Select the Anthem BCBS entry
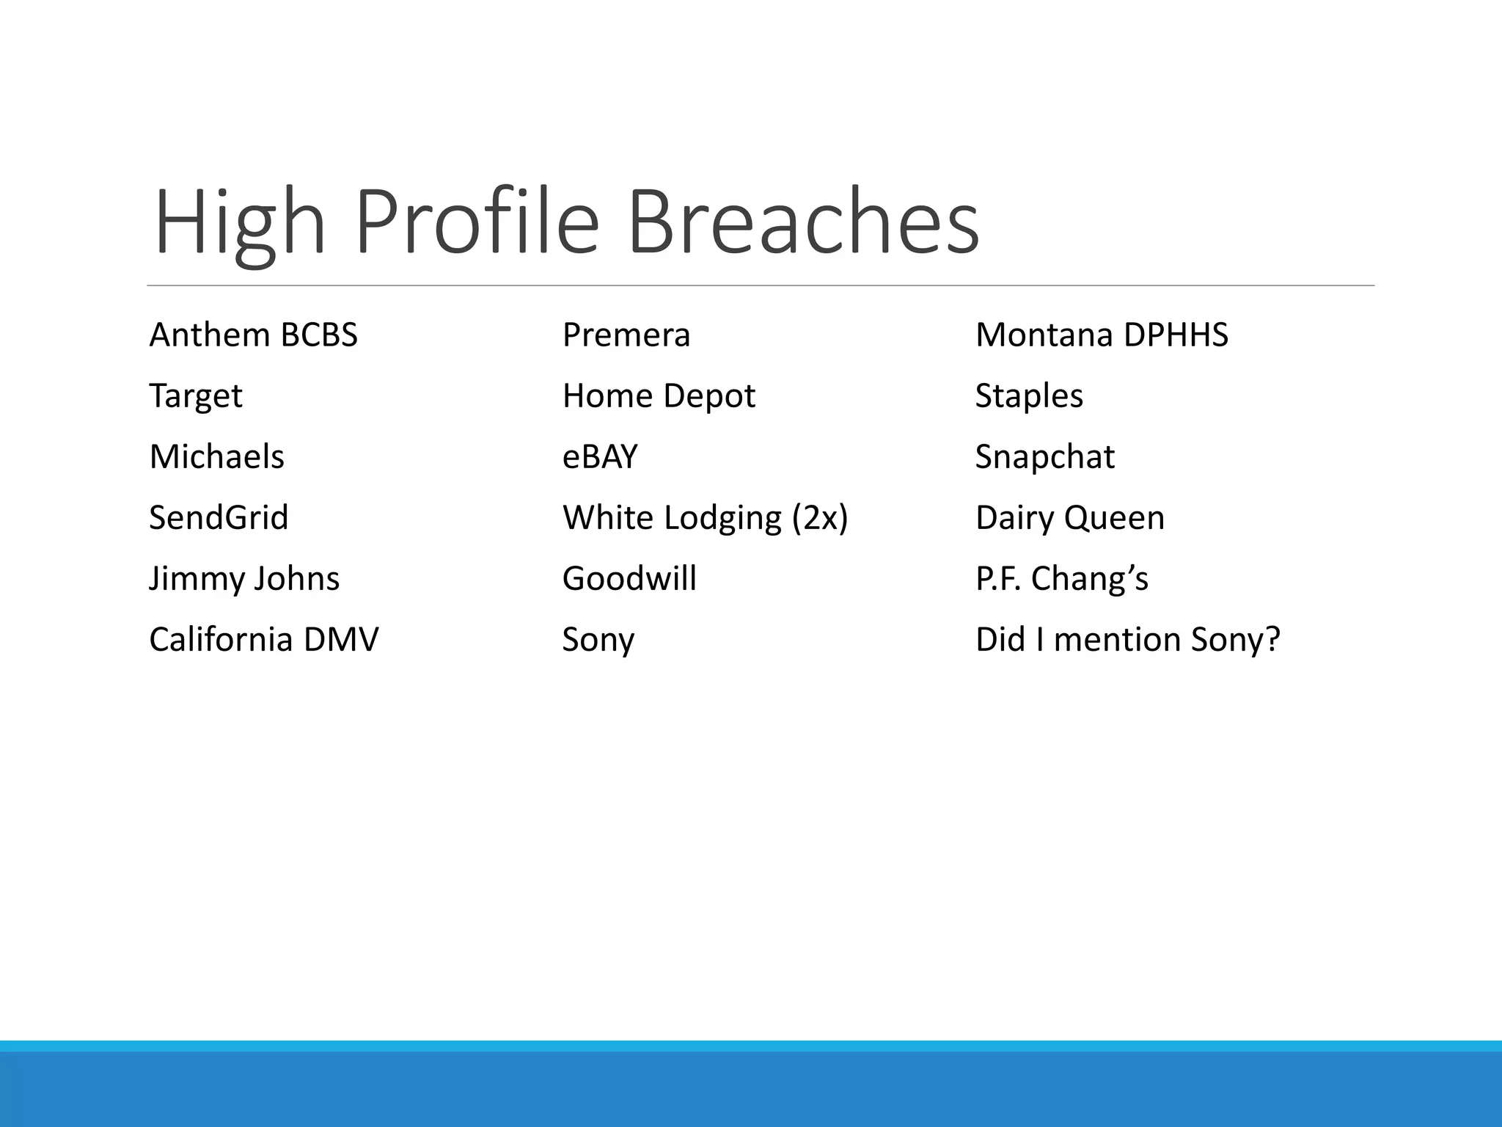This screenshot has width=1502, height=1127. coord(253,335)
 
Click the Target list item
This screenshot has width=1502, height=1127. coord(195,396)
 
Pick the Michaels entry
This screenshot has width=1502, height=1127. coord(216,457)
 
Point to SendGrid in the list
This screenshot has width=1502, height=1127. coord(219,518)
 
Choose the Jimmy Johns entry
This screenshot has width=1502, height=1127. coord(244,579)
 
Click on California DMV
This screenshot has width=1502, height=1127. coord(263,640)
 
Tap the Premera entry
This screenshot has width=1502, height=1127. coord(626,335)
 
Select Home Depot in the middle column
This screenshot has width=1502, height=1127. coord(658,396)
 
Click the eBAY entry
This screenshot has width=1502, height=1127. coord(599,457)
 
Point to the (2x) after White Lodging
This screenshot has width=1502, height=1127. coord(820,518)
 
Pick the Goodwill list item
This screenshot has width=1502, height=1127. coord(629,579)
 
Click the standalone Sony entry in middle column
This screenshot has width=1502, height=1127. coord(598,640)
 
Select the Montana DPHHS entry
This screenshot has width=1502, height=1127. coord(1101,335)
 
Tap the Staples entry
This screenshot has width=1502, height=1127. coord(1028,396)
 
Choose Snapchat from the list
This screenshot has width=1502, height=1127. coord(1044,457)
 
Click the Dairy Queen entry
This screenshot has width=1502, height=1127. coord(1069,518)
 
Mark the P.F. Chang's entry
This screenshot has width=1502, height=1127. coord(1061,579)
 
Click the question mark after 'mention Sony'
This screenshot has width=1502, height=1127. coord(1272,639)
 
